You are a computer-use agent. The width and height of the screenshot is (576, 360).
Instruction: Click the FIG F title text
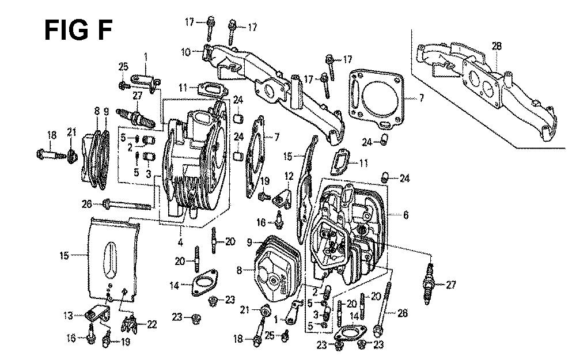[78, 30]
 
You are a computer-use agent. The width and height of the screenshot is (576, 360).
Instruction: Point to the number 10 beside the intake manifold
[185, 52]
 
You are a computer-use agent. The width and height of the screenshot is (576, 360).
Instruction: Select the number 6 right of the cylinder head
[406, 215]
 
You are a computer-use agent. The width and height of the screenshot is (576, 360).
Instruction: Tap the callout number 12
[289, 175]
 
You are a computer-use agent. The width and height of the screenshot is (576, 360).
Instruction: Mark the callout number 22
[151, 325]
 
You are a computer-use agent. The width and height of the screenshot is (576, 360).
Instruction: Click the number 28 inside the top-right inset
[497, 46]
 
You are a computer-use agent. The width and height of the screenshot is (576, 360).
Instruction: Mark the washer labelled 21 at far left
[73, 154]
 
